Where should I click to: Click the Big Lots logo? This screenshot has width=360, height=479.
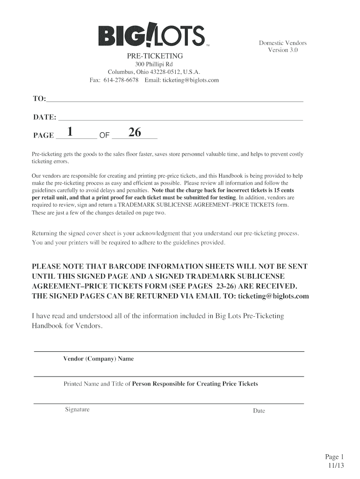[151, 36]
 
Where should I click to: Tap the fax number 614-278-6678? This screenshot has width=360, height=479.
[121, 80]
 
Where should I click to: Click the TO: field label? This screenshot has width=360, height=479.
[39, 99]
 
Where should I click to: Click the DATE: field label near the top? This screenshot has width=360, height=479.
[44, 117]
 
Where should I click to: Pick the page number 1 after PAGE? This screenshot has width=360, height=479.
[70, 133]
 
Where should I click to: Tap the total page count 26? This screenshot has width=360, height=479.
[135, 133]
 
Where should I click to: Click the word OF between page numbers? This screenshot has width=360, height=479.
[104, 136]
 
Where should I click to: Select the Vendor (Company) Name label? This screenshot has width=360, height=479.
[99, 359]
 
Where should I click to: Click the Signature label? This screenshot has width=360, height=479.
[77, 410]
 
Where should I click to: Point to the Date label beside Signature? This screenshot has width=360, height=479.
[259, 411]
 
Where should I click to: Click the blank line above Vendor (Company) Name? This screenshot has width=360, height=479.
[168, 351]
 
